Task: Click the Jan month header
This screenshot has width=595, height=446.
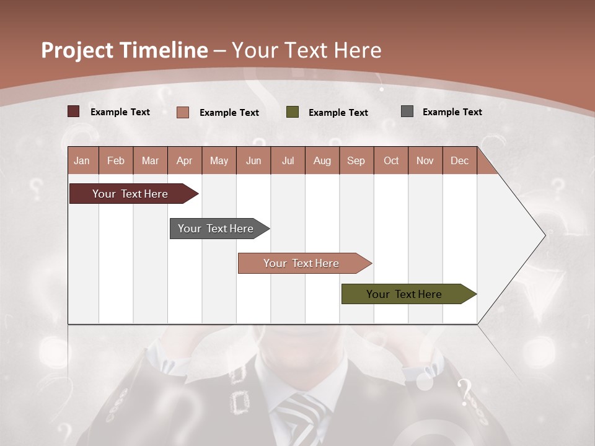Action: pos(82,160)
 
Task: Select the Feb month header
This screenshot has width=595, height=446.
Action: pos(116,160)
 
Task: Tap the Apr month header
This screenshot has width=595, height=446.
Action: pos(184,160)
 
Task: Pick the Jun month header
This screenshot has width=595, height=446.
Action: pos(253,160)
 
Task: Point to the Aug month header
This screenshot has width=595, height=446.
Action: pos(322,160)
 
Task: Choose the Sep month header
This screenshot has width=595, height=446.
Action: pos(356,160)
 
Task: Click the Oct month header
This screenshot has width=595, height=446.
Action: pos(391,160)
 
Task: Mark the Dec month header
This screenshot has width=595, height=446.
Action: pos(459,160)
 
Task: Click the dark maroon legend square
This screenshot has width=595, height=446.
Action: pos(74,111)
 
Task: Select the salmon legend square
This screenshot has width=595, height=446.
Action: pos(183,112)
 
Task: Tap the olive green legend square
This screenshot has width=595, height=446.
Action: pos(293,112)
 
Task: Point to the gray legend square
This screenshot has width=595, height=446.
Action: pos(407,111)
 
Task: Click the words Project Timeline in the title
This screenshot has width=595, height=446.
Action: pos(125,50)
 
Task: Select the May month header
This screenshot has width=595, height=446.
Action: pos(219,160)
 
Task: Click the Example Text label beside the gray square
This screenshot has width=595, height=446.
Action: pos(452,111)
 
